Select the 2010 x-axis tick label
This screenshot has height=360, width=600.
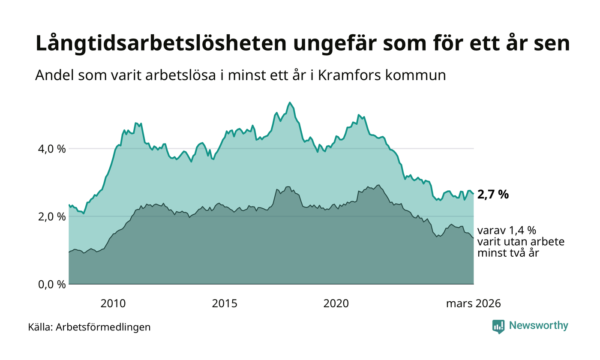point(113,304)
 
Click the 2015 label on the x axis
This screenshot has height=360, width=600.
point(225,304)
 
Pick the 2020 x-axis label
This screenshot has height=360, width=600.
point(336,304)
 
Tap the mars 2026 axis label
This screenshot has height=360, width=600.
point(473,304)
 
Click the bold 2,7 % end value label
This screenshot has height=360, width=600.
point(493,195)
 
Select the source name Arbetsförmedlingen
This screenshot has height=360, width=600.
point(103,327)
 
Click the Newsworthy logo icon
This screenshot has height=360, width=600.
point(498,327)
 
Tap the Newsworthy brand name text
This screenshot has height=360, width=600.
point(538,326)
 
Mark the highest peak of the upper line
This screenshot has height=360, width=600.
point(290,102)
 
